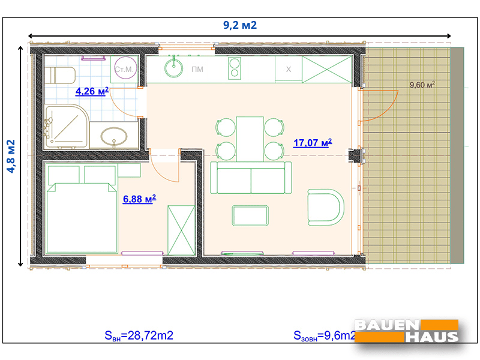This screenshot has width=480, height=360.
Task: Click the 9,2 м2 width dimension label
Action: [x=240, y=25]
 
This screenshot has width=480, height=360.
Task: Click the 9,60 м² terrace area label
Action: [x=422, y=85]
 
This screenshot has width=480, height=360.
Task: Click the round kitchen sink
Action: [x=175, y=67]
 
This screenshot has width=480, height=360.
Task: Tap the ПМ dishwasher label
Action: [x=197, y=70]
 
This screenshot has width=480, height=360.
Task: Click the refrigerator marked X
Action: [x=288, y=70]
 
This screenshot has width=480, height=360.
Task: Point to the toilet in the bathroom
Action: [x=59, y=75]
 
